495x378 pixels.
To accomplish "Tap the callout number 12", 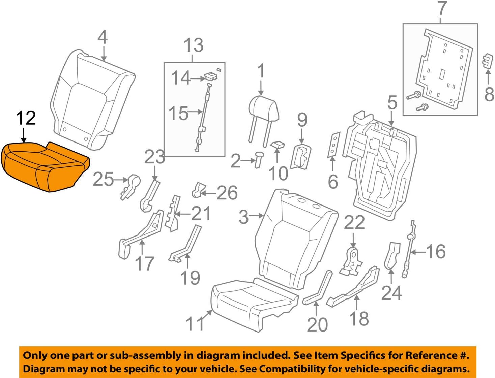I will tap(26, 118).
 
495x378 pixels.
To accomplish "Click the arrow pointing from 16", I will tap(418, 252).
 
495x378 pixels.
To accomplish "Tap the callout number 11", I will tap(195, 324).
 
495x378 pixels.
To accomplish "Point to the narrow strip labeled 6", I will tap(333, 145).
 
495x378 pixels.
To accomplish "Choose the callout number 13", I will tap(194, 45).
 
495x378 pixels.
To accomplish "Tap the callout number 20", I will tap(317, 324).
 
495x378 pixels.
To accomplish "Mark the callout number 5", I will tap(392, 102).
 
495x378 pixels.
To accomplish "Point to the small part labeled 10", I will tap(278, 145).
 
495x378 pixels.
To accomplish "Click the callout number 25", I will tap(103, 179).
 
